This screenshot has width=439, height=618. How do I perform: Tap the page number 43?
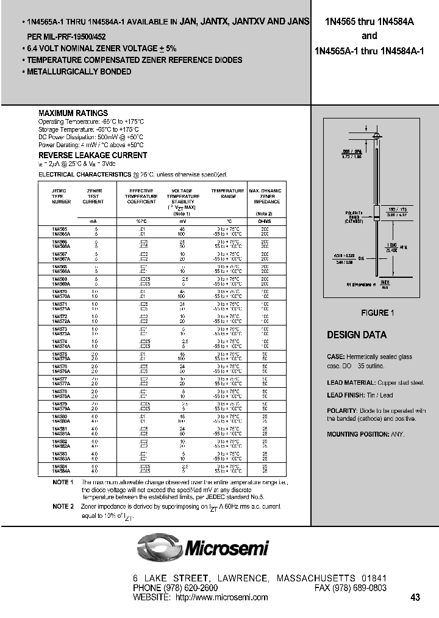[415, 598]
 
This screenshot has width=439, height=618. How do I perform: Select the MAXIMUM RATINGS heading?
[73, 114]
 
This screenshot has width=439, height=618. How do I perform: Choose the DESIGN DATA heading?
[357, 335]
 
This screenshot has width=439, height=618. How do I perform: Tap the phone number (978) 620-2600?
[190, 588]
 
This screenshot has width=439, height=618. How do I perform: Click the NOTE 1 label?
[63, 482]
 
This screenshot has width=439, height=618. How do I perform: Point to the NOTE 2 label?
[63, 506]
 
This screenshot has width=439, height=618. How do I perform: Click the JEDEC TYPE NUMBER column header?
[62, 196]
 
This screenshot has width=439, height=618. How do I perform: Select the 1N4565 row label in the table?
[60, 229]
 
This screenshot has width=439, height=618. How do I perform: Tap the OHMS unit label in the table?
[263, 221]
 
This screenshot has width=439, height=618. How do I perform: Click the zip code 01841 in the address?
[374, 578]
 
